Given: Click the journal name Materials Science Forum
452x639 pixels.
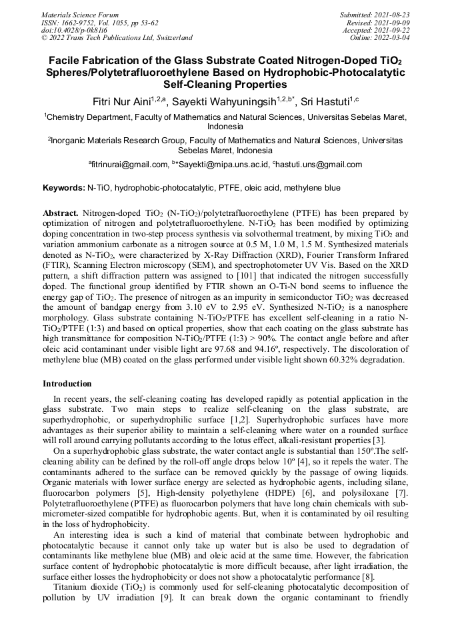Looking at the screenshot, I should click(x=80, y=15).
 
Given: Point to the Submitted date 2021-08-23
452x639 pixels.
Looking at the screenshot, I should click(x=393, y=15).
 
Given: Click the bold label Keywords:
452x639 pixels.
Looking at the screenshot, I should click(x=64, y=189).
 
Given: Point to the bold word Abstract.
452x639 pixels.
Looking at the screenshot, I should click(x=61, y=213).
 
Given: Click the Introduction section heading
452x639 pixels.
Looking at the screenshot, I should click(x=67, y=384).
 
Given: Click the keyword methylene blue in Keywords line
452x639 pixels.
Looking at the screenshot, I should click(x=312, y=189).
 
